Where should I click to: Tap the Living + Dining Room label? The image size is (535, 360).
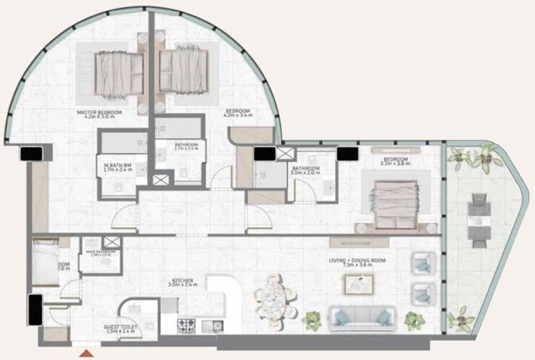click(357, 260)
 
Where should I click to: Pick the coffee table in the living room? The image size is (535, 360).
click(358, 283)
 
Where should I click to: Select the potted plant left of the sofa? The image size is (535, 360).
click(311, 320)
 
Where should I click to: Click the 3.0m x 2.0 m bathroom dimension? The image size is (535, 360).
click(306, 173)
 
